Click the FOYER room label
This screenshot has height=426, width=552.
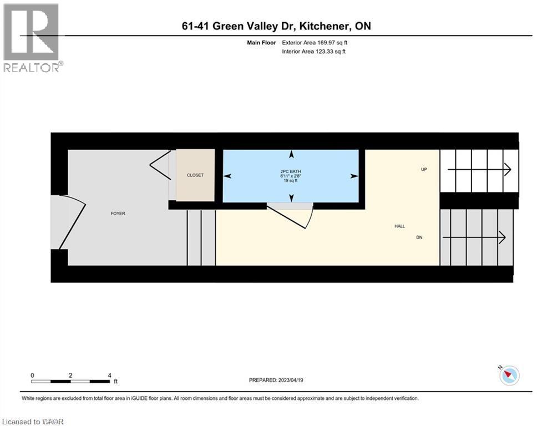click(118, 214)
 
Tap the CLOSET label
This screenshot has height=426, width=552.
click(195, 175)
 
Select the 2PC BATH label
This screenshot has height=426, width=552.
click(291, 171)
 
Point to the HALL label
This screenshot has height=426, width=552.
click(399, 226)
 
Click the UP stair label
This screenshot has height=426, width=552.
click(424, 169)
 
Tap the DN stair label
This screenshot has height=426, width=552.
click(420, 237)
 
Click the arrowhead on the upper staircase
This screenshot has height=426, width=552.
click(507, 169)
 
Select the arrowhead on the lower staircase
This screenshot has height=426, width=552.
click(502, 237)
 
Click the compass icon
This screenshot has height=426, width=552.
click(509, 376)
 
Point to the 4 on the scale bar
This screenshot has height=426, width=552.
click(109, 375)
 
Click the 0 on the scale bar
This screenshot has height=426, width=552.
click(33, 375)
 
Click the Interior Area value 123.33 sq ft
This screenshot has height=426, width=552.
click(329, 52)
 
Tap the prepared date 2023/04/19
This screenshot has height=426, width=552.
click(291, 380)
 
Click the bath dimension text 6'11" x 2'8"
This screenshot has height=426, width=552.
click(291, 176)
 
